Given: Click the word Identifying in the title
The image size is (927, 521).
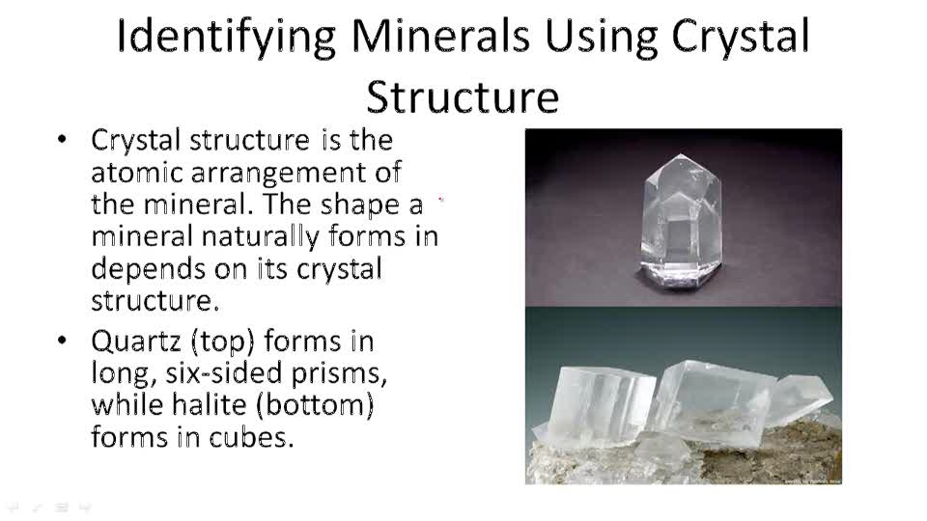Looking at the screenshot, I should tap(226, 37).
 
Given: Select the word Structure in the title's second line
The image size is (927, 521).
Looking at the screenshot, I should tap(463, 96).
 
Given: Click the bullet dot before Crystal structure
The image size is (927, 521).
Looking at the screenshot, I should tap(64, 141).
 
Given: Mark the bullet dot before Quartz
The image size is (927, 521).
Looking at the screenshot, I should tap(64, 342).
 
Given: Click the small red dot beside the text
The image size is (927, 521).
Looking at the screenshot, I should tap(441, 200).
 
